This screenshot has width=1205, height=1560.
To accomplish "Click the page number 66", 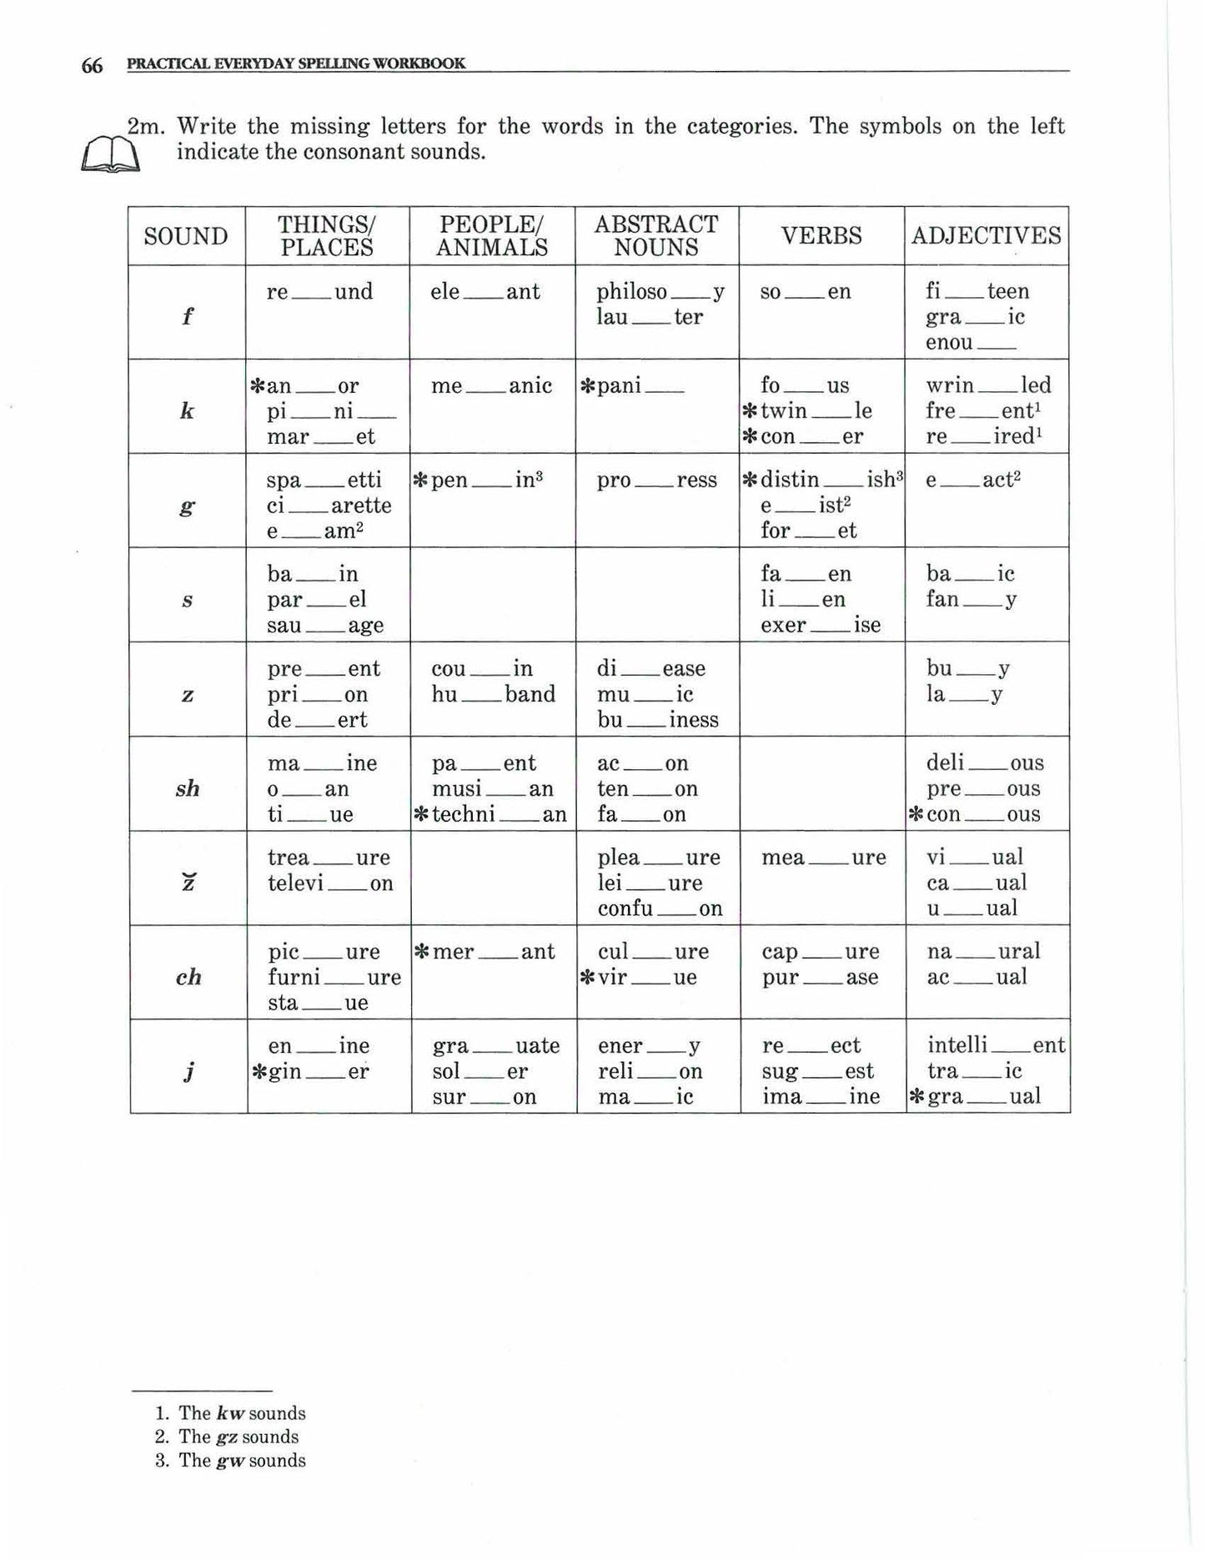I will point(92,66).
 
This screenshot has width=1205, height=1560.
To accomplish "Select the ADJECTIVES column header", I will point(987,236).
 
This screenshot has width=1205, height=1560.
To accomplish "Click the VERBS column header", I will point(821,236).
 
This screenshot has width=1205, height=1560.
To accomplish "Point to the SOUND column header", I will point(186,237).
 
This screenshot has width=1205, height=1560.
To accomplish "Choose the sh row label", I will point(188,788).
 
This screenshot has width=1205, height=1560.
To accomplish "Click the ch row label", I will point(188,977).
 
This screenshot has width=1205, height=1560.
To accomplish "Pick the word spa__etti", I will point(324,481).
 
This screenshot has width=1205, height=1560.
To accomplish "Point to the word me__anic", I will point(491,386).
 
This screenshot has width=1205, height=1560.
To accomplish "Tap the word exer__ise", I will point(821,625).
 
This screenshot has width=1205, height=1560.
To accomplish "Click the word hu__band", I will point(493,695).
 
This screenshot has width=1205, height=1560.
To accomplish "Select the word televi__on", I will point(330,883).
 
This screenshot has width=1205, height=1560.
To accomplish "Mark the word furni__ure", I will point(334,978).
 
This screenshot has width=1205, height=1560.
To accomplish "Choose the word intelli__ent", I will point(996,1046).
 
